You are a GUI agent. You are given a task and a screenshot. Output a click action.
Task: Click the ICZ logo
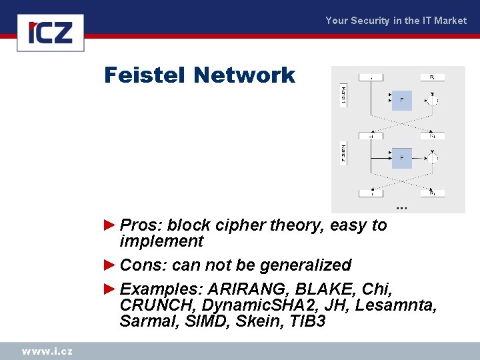pos(55,32)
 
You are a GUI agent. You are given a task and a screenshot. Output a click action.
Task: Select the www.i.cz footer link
pos(47,351)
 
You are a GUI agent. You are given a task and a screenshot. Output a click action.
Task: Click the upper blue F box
pos(401,100)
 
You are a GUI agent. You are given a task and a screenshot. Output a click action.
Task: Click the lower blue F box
pos(401,158)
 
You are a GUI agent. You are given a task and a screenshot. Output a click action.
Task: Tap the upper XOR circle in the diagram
pos(433,101)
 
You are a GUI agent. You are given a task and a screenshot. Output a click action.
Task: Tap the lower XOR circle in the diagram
pos(433,159)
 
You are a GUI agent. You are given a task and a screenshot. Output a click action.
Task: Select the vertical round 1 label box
pos(343,96)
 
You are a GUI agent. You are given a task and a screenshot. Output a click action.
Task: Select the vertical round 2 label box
pos(343,155)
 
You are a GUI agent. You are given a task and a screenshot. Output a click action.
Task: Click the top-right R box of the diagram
pos(432,77)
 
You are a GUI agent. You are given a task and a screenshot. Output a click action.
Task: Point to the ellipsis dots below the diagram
pos(401,208)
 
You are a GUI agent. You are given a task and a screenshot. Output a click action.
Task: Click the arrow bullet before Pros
pos(111,225)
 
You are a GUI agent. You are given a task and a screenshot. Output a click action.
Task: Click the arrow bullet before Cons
pos(111,265)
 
